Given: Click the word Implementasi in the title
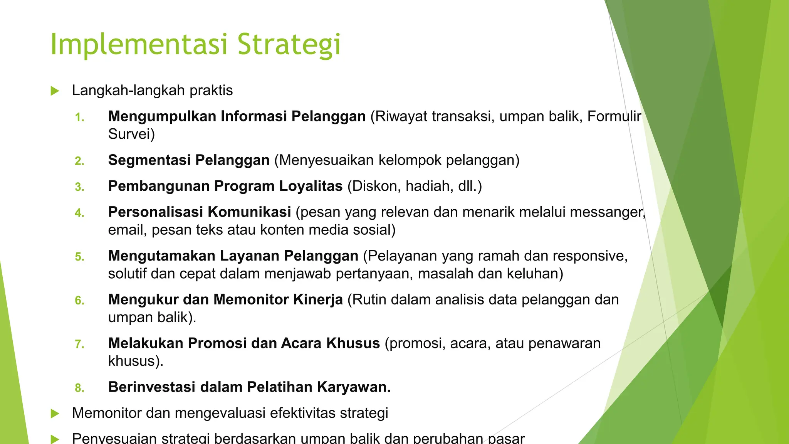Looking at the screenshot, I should coord(139,44).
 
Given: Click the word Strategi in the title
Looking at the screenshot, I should coord(289,44).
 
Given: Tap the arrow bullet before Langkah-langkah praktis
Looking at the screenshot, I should coord(55,91).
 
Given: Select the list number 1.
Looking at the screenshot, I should coord(79,117).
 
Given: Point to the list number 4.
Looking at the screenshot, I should coord(79,213).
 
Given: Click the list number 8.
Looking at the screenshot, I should coord(79,388).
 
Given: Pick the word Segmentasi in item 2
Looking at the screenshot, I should coord(149,160).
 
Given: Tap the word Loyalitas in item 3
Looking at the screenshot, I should coord(311,186).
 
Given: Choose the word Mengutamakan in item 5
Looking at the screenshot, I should coord(161,256).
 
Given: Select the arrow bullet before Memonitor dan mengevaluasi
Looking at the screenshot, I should coord(55,414).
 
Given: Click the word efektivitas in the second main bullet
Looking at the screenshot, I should coord(302,413).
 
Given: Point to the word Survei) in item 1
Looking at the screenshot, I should coord(131,134).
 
